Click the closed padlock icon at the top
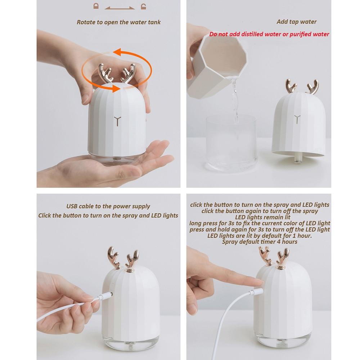[x=95, y=6]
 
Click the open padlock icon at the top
[x=143, y=6]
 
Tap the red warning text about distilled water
[x=269, y=35]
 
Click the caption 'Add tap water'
[x=296, y=22]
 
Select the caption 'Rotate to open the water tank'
[x=118, y=22]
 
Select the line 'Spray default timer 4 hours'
[x=259, y=242]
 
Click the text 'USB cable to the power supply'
[x=108, y=207]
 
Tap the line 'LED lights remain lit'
[x=259, y=217]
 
